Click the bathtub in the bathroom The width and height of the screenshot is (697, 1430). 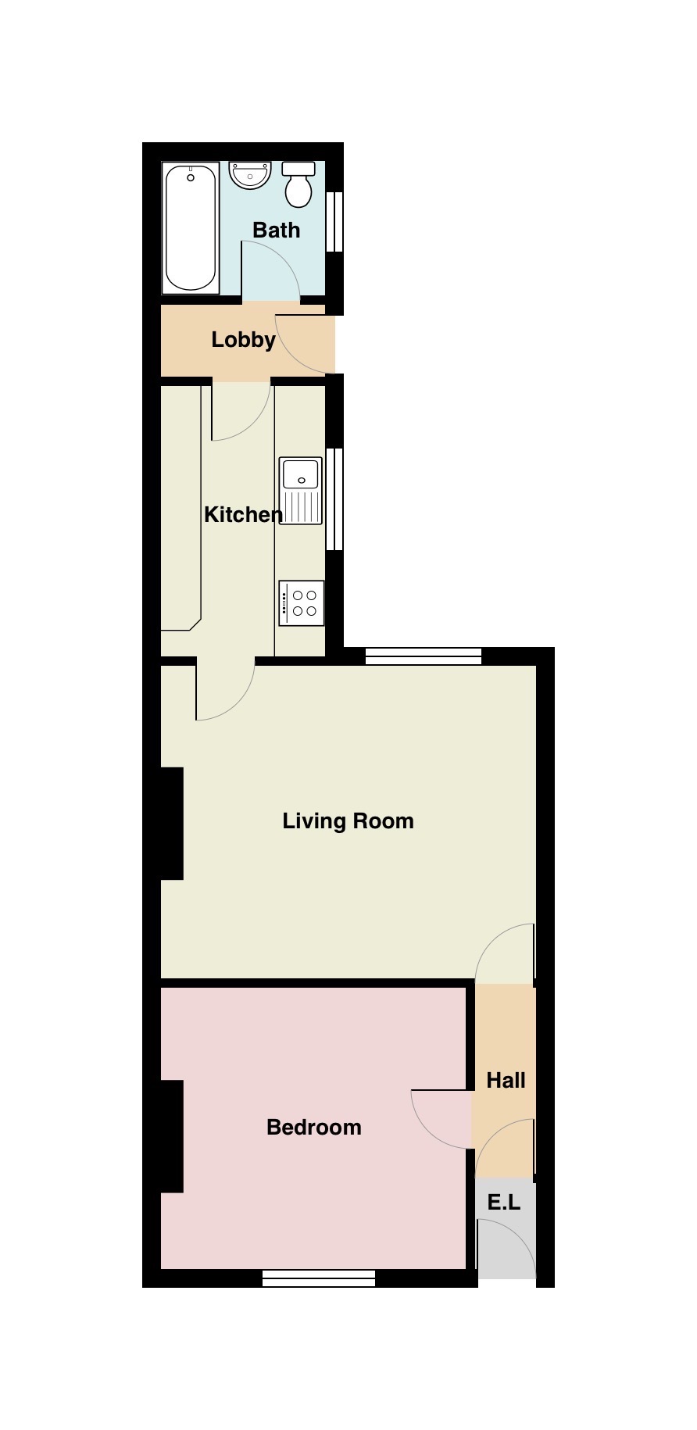click(191, 227)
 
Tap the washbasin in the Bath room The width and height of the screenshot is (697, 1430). click(250, 174)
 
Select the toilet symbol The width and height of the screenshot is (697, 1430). click(298, 185)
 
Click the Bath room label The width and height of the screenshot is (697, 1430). click(277, 231)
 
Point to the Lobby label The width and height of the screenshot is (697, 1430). click(243, 340)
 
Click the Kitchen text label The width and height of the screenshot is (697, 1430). click(243, 515)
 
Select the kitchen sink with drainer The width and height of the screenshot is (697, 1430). click(301, 491)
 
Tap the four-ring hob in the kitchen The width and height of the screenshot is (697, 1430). click(302, 603)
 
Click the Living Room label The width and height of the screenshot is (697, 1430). click(348, 821)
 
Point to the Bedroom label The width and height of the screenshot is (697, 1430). click(313, 1128)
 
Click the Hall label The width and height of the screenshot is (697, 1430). click(506, 1081)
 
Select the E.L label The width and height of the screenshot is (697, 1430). click(504, 1203)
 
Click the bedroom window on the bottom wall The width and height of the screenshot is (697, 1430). click(319, 1278)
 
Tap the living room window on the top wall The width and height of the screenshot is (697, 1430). click(424, 656)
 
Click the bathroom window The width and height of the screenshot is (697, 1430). click(334, 222)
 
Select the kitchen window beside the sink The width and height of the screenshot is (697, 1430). click(334, 499)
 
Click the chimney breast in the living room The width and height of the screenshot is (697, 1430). click(172, 824)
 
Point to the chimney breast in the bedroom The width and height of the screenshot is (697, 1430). click(172, 1136)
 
